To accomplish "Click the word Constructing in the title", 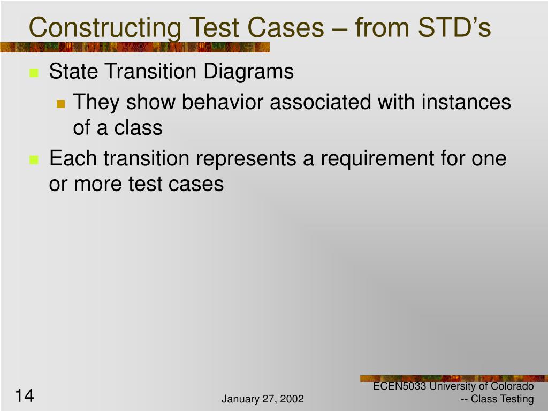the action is pyautogui.click(x=105, y=28).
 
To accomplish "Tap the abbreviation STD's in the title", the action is pyautogui.click(x=454, y=27).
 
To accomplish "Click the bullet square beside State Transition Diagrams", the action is pyautogui.click(x=34, y=73).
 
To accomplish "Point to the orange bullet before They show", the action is pyautogui.click(x=61, y=104).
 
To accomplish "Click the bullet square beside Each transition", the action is pyautogui.click(x=34, y=159).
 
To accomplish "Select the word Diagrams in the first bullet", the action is pyautogui.click(x=248, y=72).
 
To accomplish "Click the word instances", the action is pyautogui.click(x=466, y=102).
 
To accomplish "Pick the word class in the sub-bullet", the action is pyautogui.click(x=139, y=127).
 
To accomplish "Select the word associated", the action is pyautogui.click(x=321, y=102).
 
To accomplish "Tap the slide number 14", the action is pyautogui.click(x=25, y=395).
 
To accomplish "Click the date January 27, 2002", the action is pyautogui.click(x=262, y=399).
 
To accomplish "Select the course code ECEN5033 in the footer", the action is pyautogui.click(x=399, y=386).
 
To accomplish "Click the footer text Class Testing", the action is pyautogui.click(x=502, y=399).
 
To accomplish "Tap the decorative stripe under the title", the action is pyautogui.click(x=135, y=47).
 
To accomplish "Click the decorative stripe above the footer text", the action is pyautogui.click(x=454, y=378).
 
